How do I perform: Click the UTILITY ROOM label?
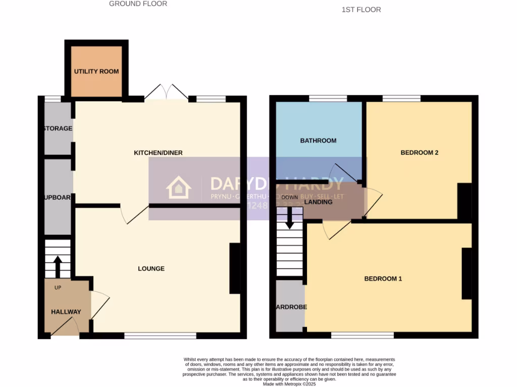(96, 72)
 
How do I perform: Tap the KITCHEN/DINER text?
(158, 153)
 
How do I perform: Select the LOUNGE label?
(151, 269)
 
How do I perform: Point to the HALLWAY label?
(66, 312)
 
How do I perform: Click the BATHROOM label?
(318, 141)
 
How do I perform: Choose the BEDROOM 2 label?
(419, 153)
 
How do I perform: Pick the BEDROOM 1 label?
(383, 279)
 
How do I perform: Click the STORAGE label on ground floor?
(58, 128)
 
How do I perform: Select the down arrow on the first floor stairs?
(290, 218)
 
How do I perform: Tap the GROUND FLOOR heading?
(138, 4)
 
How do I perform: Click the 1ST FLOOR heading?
(361, 10)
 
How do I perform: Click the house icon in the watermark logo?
(179, 188)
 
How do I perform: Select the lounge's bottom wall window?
(160, 336)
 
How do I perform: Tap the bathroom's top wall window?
(328, 98)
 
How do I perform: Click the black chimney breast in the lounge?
(235, 268)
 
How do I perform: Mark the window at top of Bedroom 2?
(401, 98)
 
